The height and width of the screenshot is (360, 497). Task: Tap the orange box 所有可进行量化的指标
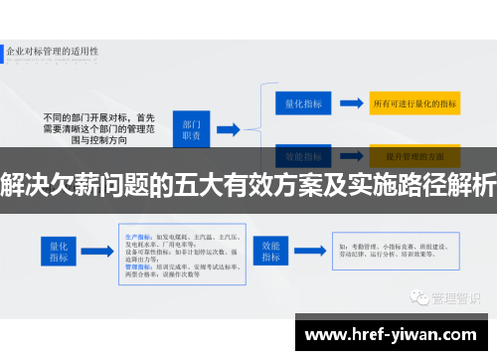tap(414, 102)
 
